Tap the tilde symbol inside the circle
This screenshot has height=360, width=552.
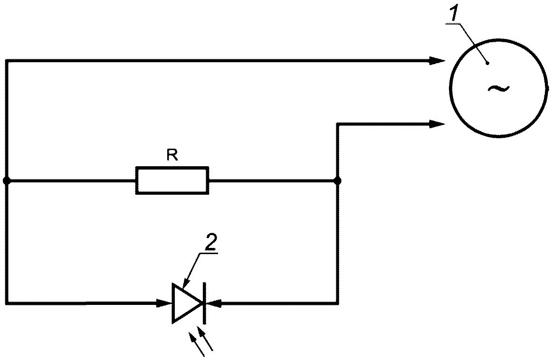498,88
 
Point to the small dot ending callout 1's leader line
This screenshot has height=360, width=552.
487,63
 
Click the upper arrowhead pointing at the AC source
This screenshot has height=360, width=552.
436,60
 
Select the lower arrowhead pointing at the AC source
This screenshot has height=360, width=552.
436,124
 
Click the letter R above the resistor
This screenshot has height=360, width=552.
172,155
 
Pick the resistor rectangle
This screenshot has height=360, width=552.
172,180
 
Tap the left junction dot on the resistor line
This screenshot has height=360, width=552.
6,181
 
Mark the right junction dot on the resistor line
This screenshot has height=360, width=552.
337,181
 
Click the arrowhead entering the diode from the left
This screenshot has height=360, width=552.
164,303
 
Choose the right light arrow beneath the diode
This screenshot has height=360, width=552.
206,339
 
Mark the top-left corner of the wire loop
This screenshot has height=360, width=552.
6,60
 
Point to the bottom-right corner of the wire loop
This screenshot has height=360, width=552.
337,303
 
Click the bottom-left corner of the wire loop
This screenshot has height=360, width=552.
6,303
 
